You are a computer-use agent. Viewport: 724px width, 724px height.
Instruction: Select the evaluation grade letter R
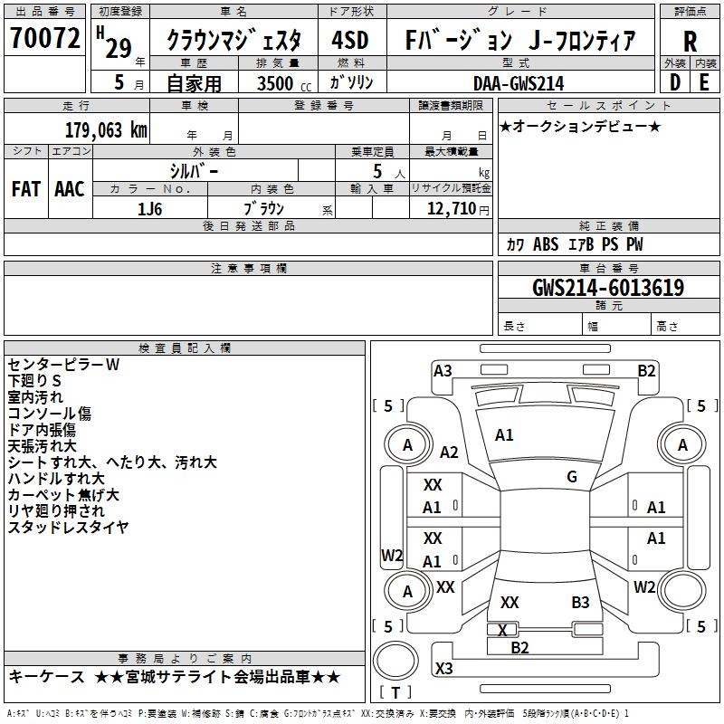(x=690, y=41)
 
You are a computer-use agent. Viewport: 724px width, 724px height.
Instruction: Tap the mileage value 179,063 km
(x=106, y=129)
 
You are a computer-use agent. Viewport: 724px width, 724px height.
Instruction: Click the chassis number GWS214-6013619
(x=608, y=288)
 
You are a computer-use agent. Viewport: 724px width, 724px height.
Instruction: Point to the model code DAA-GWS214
(x=519, y=82)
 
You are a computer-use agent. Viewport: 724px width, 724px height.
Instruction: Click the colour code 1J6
(x=150, y=208)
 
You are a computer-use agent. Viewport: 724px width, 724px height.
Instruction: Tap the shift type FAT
(x=25, y=188)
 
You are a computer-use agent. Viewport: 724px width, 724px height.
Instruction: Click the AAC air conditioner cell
(x=70, y=188)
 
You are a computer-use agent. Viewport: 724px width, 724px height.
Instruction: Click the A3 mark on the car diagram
(x=443, y=370)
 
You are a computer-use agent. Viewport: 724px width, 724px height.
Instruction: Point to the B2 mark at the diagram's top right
(x=646, y=370)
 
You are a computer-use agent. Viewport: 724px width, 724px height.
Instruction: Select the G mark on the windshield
(x=572, y=477)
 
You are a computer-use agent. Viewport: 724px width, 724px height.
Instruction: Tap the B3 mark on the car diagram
(x=580, y=602)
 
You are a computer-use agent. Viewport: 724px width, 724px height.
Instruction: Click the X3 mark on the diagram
(x=443, y=669)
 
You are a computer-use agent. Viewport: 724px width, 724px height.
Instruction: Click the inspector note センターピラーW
(x=63, y=365)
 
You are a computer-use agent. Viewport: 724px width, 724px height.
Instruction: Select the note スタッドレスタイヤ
(x=68, y=528)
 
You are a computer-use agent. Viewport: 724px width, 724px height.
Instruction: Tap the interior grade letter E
(x=704, y=81)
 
